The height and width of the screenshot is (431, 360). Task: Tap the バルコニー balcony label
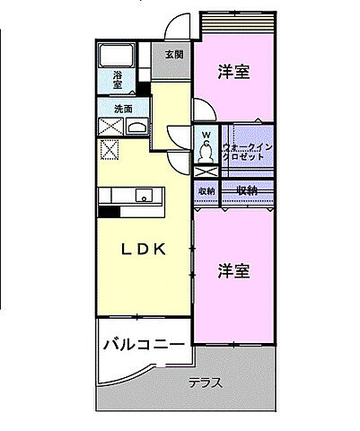click(143, 344)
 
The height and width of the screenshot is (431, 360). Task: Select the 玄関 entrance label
click(174, 54)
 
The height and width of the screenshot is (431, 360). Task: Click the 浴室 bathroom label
click(118, 80)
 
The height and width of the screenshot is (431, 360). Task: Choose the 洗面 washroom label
click(123, 110)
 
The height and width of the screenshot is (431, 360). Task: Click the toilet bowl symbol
click(206, 169)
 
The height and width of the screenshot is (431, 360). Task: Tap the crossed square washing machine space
click(110, 151)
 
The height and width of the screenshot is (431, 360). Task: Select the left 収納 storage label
click(206, 190)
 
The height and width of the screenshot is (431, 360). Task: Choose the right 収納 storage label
click(247, 189)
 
